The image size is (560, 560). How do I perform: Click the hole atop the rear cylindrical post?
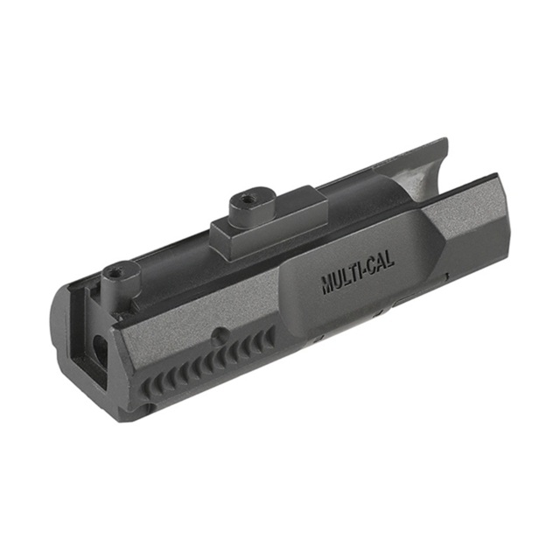tap(116, 271)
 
